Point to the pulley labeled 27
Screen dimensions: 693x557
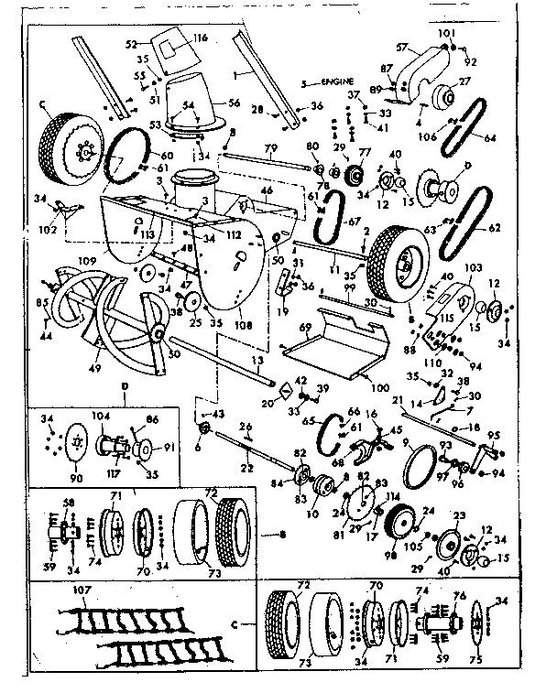pos(451,95)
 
